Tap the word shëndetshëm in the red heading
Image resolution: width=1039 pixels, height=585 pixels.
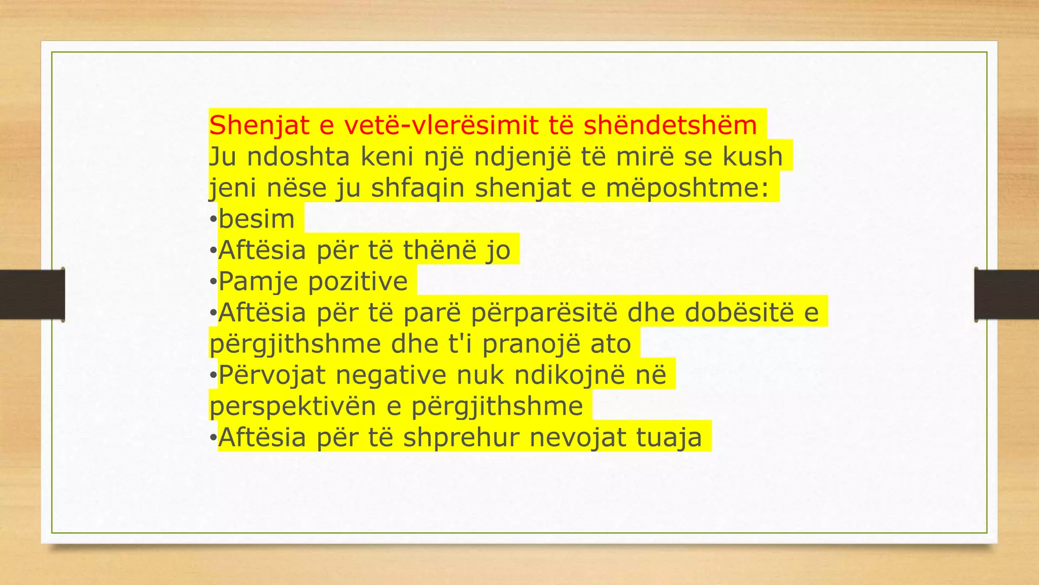coord(670,125)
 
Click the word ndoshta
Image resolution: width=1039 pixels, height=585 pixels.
coord(298,156)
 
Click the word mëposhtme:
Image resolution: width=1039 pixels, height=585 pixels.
coord(687,188)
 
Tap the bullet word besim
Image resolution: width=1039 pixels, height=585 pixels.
coord(257,219)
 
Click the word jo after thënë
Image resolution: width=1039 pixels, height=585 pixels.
coord(497,250)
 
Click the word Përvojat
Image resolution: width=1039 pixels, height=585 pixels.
coord(272,375)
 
